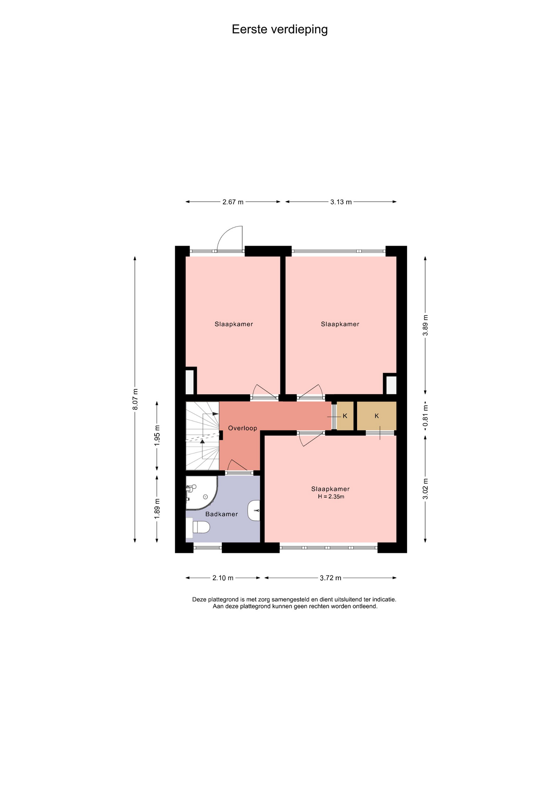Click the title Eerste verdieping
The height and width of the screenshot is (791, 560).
280,30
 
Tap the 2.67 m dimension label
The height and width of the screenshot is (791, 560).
233,202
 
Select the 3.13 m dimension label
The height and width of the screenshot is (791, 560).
341,202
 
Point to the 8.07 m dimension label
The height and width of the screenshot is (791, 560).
135,399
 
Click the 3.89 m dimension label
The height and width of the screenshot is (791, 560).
426,325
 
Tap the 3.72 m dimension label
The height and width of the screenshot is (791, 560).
331,578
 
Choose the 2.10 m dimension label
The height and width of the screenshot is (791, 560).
223,578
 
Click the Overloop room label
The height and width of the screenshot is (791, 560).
242,428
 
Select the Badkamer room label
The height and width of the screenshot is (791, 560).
221,514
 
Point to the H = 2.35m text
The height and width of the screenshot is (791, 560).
331,497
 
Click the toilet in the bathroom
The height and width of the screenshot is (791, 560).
198,527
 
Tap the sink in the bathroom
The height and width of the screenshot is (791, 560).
254,510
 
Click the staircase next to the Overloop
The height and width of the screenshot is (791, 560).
202,436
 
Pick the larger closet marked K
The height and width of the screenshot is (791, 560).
376,416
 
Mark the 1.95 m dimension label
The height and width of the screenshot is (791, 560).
157,435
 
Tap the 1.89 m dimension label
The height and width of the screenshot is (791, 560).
157,509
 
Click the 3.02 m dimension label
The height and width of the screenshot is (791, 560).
426,489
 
